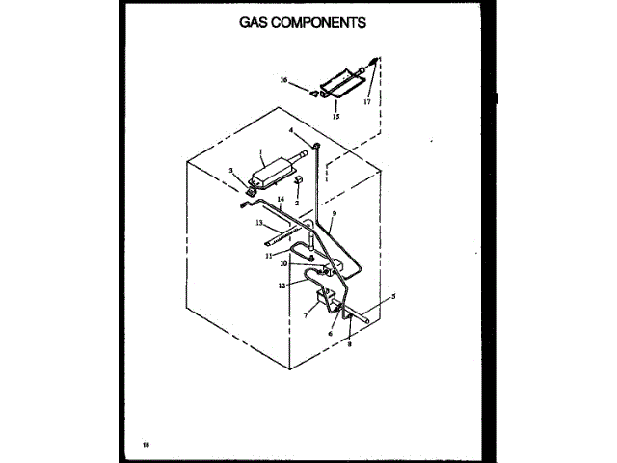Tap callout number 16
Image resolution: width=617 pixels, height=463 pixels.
(284, 80)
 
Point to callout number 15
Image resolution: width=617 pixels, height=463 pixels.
(336, 117)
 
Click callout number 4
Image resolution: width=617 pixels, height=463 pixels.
(291, 130)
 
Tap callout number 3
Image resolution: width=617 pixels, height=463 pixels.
(231, 172)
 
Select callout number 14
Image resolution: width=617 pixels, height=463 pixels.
(281, 201)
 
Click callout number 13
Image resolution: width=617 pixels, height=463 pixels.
(259, 223)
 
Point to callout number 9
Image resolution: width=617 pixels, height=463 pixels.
(334, 214)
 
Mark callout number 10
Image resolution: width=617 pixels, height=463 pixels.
(283, 263)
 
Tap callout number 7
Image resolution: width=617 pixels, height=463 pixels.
(306, 315)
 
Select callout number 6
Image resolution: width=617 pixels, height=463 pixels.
(330, 334)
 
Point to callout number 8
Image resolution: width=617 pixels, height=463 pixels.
(349, 342)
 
